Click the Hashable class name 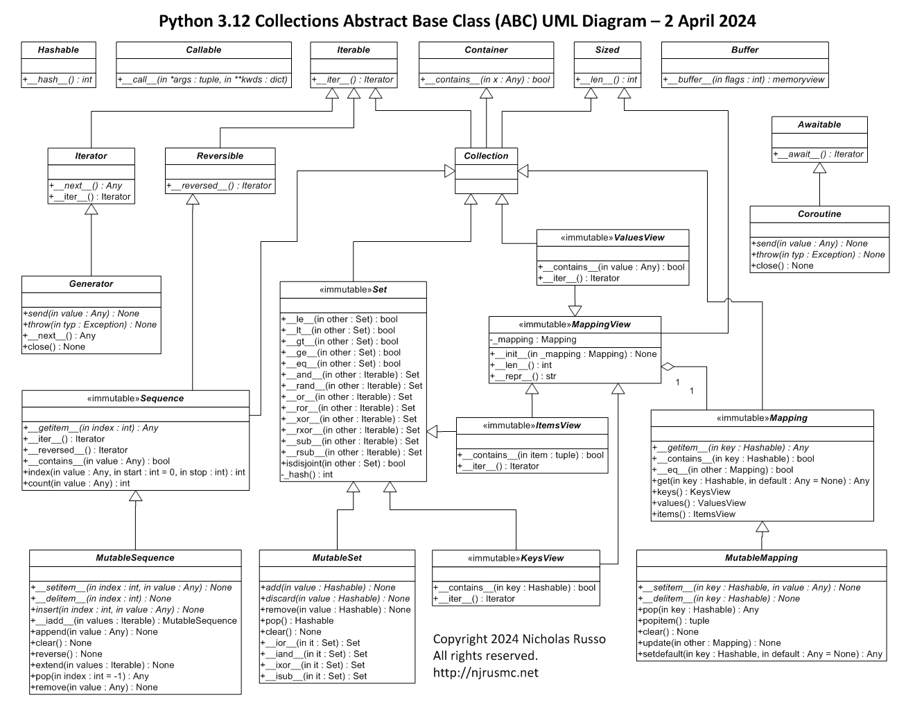58,50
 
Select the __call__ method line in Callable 203,80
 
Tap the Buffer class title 744,50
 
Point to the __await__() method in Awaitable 819,155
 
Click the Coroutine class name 819,214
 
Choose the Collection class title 486,156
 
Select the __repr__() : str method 523,376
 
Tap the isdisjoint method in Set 343,464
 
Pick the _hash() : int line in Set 307,475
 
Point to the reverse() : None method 66,654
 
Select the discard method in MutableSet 335,599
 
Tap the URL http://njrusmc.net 485,672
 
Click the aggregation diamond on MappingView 668,365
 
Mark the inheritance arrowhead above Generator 91,210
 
